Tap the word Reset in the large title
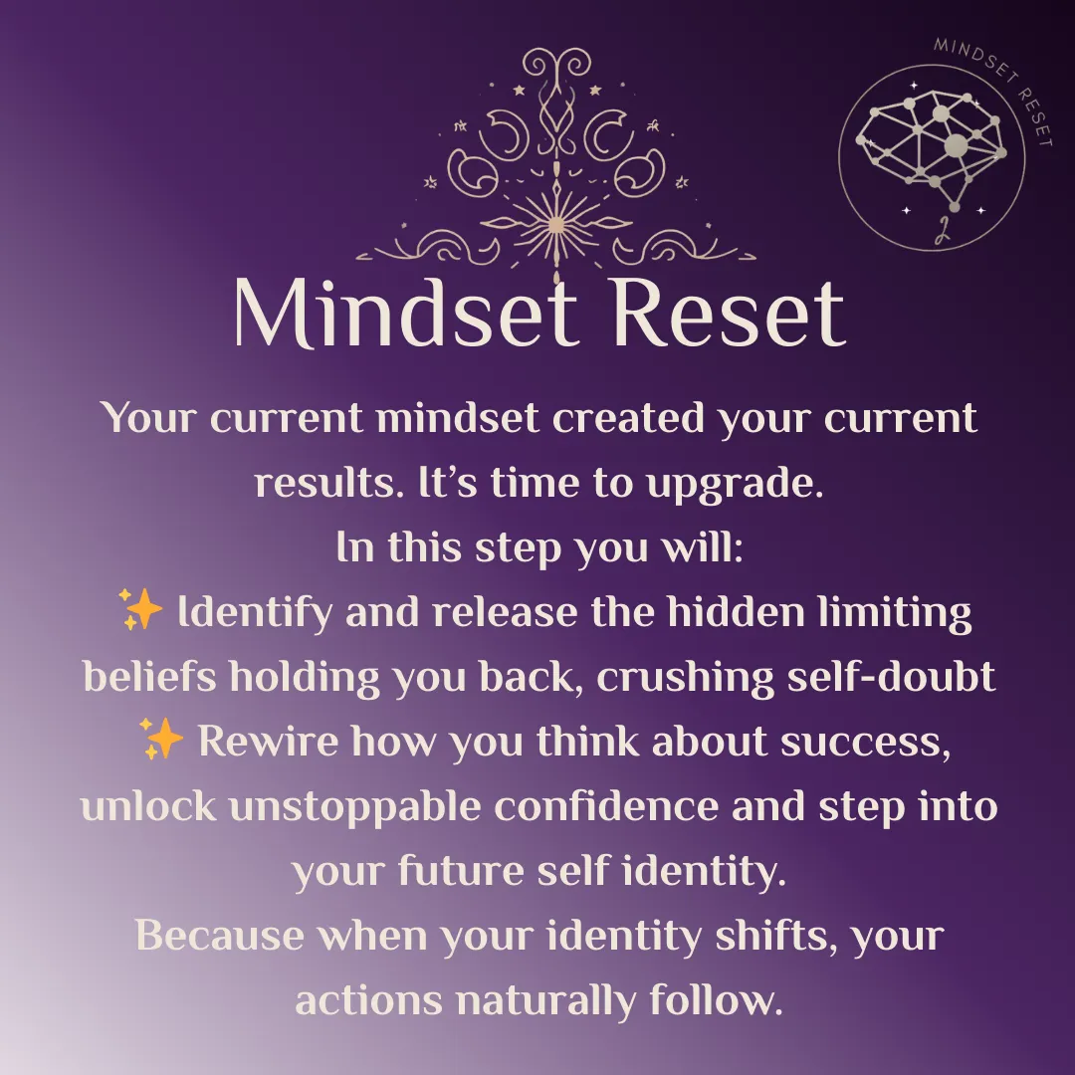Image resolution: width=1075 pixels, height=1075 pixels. pyautogui.click(x=728, y=313)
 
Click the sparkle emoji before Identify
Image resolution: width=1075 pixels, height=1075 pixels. pyautogui.click(x=140, y=609)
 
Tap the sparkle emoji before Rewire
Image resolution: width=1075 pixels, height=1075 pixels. pyautogui.click(x=161, y=739)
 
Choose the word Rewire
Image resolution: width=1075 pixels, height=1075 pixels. pyautogui.click(x=268, y=741)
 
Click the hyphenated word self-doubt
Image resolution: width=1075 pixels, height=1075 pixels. pyautogui.click(x=891, y=676)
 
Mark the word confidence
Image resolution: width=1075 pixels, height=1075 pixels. pyautogui.click(x=606, y=805)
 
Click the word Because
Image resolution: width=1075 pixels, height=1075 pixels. pyautogui.click(x=219, y=935)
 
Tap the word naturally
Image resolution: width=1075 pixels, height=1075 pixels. pyautogui.click(x=545, y=1001)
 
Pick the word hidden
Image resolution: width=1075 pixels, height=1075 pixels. pyautogui.click(x=736, y=611)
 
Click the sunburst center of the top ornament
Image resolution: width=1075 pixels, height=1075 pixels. pyautogui.click(x=556, y=224)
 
